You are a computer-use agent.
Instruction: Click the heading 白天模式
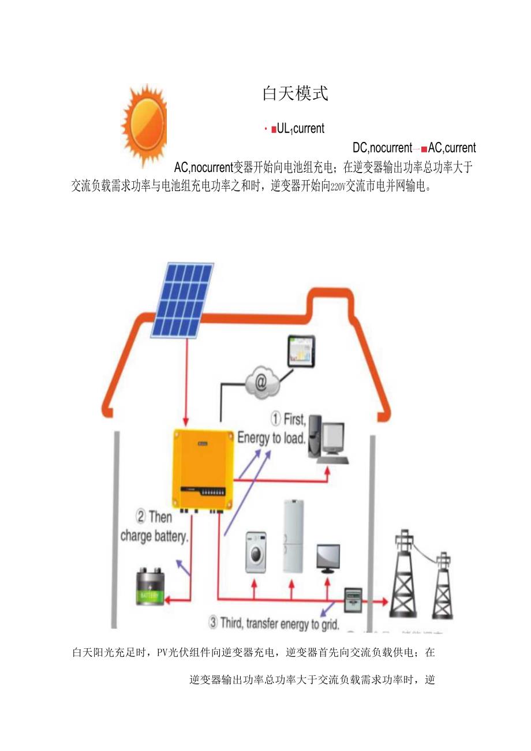click(x=295, y=94)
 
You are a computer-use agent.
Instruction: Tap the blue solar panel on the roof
click(x=182, y=300)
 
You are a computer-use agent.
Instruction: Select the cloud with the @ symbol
click(x=261, y=382)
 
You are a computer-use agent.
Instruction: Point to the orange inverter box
click(x=203, y=467)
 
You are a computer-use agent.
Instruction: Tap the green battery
click(x=150, y=587)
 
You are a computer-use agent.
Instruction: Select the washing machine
click(x=256, y=552)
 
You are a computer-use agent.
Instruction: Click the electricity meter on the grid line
click(x=353, y=600)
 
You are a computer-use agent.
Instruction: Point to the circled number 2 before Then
click(x=140, y=516)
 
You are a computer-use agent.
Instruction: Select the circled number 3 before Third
click(x=213, y=623)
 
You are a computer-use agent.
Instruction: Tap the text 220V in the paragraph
click(x=337, y=188)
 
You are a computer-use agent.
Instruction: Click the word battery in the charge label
click(x=170, y=536)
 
